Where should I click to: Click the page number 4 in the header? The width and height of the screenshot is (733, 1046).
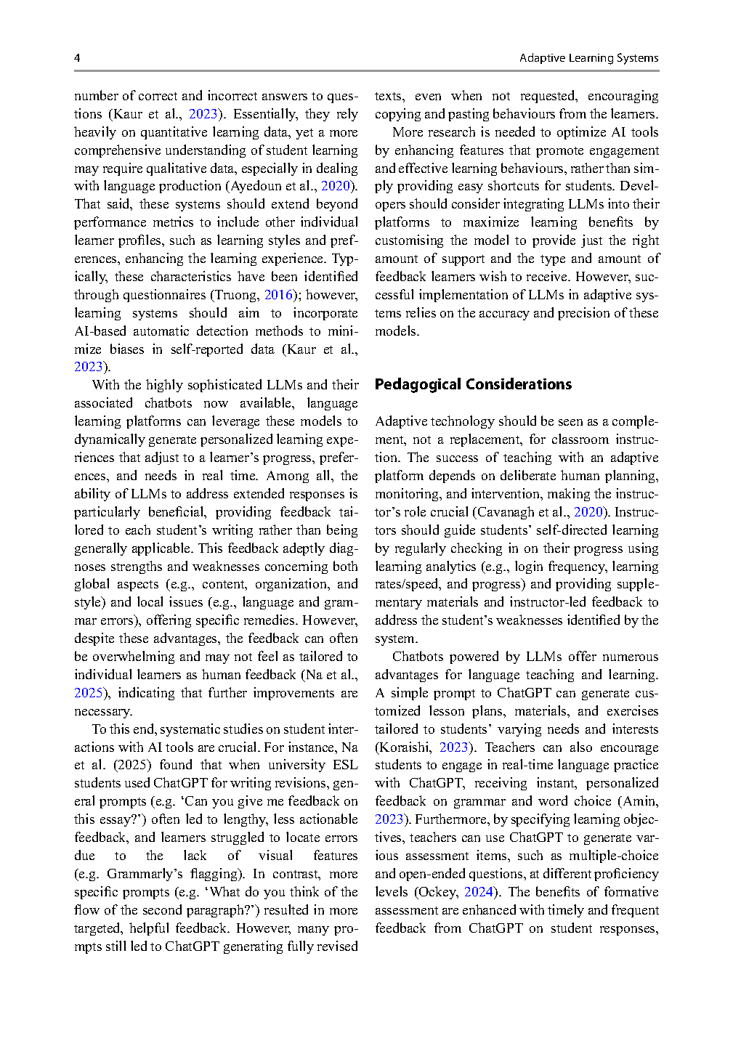[x=77, y=58]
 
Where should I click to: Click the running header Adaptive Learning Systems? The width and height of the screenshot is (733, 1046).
[x=588, y=58]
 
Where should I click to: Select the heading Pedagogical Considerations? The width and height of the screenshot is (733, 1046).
[x=473, y=384]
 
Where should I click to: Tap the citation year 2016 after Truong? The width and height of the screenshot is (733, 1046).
[x=278, y=295]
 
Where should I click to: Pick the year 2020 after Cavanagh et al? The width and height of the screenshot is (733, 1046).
[x=588, y=512]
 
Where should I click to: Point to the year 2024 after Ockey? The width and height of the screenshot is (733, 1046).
[x=479, y=892]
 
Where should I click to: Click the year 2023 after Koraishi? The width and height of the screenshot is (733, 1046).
[x=454, y=747]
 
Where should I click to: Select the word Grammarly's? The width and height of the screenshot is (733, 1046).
[x=145, y=874]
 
